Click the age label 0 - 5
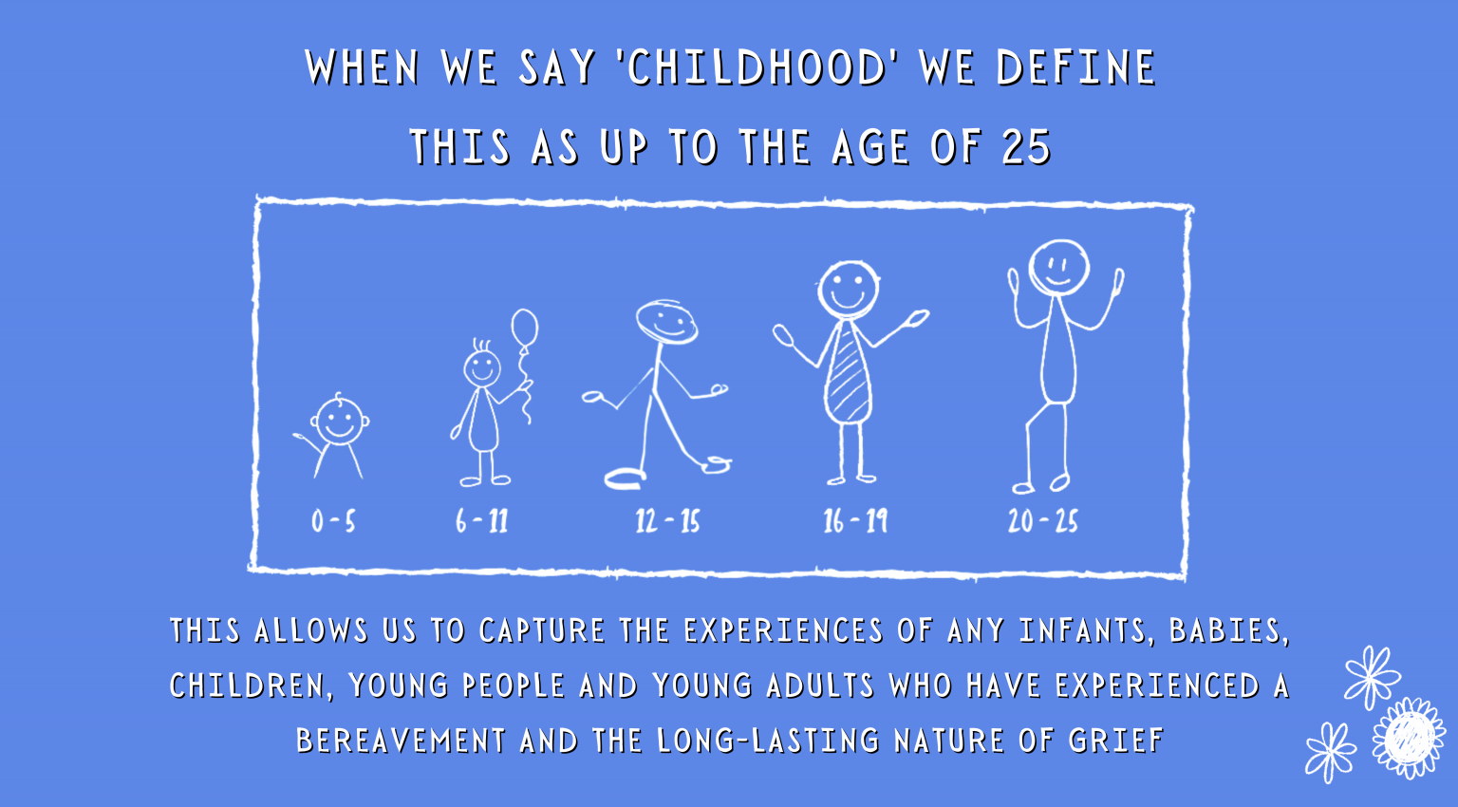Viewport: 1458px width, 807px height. click(333, 521)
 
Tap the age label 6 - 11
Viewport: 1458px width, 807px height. click(481, 521)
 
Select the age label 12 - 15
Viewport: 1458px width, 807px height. click(668, 521)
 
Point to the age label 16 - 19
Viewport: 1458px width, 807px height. click(855, 521)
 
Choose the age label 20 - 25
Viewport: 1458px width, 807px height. click(1043, 521)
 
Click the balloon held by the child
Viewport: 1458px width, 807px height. click(525, 328)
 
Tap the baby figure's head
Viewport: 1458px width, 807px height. click(339, 421)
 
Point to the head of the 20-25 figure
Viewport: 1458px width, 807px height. click(1059, 268)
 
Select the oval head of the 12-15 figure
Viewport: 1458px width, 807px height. click(666, 322)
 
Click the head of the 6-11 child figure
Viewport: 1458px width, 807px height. click(482, 368)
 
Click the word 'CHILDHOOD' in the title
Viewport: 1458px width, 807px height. click(757, 67)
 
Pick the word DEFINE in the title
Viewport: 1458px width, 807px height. click(1075, 67)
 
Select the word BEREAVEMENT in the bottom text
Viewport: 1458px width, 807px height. click(401, 741)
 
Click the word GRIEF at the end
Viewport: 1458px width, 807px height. click(1115, 741)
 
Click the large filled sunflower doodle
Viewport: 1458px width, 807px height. click(1409, 738)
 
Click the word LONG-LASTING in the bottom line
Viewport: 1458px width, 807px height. click(768, 741)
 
